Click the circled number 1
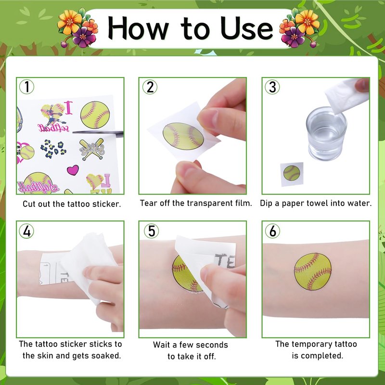[26, 87]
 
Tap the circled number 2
[150, 87]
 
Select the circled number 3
[272, 87]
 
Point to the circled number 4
[26, 231]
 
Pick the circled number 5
[151, 231]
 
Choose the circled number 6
[272, 231]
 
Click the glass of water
[326, 134]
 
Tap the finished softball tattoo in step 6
[312, 271]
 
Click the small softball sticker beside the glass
[292, 173]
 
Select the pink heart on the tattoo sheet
[73, 170]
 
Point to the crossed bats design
[92, 149]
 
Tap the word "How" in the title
[138, 28]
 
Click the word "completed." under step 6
[317, 356]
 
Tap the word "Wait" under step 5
[162, 345]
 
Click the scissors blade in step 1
[98, 133]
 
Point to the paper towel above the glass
[346, 95]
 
